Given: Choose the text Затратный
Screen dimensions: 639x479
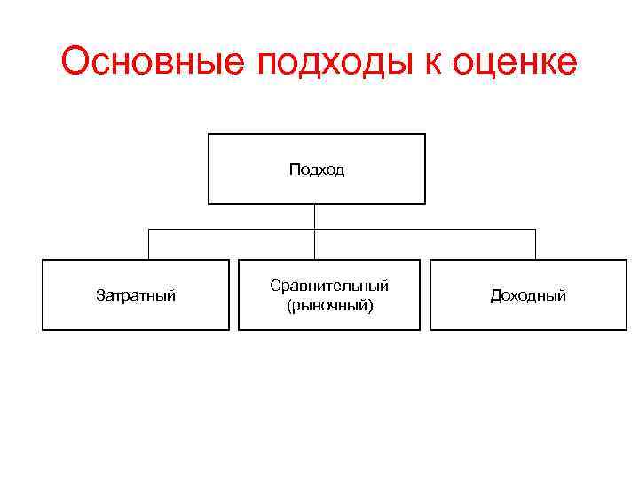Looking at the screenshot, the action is [136, 295].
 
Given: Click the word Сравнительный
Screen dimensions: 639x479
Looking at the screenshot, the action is [329, 286].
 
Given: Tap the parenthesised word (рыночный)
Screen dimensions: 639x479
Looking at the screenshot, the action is [329, 305].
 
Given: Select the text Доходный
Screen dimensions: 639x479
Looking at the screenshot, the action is [528, 295].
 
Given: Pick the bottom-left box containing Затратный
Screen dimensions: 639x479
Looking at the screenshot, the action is [136, 315].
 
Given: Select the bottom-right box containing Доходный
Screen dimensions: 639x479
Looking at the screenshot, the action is [528, 315].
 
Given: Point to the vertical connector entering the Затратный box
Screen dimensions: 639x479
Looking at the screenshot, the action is [148, 245].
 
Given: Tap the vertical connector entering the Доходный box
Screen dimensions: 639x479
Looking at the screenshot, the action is [535, 245].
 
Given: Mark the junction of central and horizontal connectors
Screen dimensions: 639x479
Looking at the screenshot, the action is [315, 230].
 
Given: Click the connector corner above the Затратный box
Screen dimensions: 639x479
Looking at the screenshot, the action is [148, 230].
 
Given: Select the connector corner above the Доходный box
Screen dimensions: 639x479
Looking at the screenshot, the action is [535, 230].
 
